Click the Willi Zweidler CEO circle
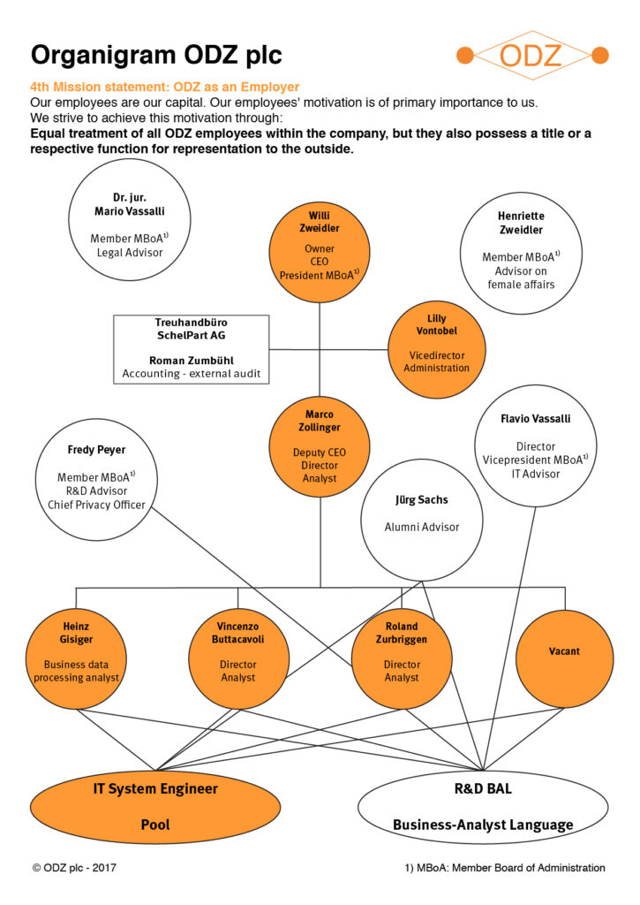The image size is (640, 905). pos(320,252)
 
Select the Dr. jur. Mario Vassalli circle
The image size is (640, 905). pos(130,220)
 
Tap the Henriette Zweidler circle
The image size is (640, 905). pos(521,253)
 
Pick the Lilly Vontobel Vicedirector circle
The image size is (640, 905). pos(436,349)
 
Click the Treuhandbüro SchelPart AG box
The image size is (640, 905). pos(192,349)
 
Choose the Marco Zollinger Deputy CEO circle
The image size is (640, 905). pos(320,446)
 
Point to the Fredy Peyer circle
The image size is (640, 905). pos(96,480)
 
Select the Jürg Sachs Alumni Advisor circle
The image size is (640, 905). pos(422,520)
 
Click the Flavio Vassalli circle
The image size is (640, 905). pos(536,446)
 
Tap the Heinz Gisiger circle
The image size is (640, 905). pos(76,659)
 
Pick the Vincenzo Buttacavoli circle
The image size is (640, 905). pos(238,659)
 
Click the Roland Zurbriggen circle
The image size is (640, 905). pos(402,659)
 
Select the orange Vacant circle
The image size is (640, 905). pos(564,659)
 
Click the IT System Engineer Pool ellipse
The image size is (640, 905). pos(155,807)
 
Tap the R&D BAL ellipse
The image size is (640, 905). pos(483,807)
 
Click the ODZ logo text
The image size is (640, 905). pos(531,56)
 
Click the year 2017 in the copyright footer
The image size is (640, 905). pos(104,868)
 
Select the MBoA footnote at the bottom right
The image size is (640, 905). pos(505,868)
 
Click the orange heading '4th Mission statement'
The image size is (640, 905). pos(98,87)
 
